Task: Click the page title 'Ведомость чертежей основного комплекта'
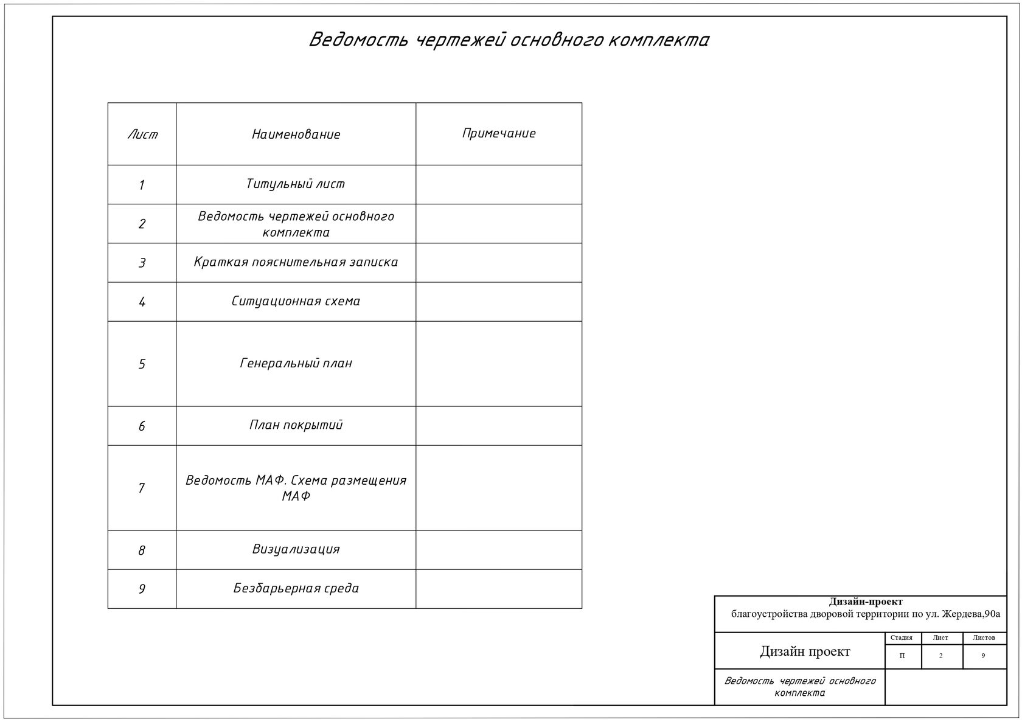pos(509,40)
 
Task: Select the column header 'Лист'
pos(142,134)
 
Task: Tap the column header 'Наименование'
pos(296,134)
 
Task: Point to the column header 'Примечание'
pos(499,133)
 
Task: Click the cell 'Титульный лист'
pos(296,184)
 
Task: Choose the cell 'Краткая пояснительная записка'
pos(296,262)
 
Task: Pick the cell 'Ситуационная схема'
pos(296,301)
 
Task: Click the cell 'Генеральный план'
pos(296,363)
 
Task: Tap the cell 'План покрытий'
pos(296,425)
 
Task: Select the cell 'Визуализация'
pos(296,549)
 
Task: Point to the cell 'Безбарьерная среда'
pos(296,588)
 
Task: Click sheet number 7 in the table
pos(142,488)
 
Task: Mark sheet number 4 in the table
pos(142,302)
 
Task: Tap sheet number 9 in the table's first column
pos(142,589)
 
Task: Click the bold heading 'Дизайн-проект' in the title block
pos(866,602)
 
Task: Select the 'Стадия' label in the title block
pos(901,638)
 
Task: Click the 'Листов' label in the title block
pos(984,638)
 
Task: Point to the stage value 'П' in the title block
pos(902,656)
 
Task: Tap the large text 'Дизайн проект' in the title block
pos(805,651)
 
